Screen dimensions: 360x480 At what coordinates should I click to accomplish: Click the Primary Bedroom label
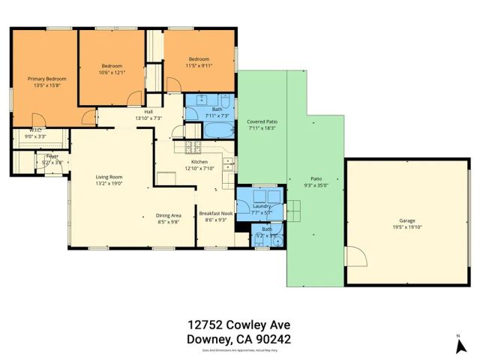[x=47, y=79]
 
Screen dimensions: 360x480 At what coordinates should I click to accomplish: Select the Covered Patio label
[x=262, y=121]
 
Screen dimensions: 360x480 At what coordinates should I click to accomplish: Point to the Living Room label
[x=109, y=176]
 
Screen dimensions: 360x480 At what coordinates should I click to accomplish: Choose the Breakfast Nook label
[x=215, y=214]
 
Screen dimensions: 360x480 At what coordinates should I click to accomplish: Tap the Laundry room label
[x=261, y=205]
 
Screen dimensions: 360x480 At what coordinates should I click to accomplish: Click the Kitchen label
[x=199, y=162]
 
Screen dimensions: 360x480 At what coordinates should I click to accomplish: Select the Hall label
[x=148, y=112]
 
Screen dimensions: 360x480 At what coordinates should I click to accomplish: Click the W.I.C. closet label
[x=34, y=130]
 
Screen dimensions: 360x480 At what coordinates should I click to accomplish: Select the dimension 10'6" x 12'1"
[x=112, y=72]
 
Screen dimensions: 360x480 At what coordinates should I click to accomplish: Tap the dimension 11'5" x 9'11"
[x=199, y=66]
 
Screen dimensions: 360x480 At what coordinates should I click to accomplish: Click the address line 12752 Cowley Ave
[x=238, y=325]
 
